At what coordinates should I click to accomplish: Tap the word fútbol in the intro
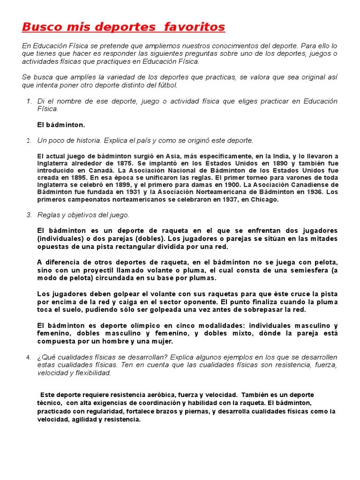pos(166,85)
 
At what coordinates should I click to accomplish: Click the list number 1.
pos(29,101)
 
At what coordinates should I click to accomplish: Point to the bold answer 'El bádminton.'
pos(61,125)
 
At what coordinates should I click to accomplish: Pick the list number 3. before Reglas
pos(29,215)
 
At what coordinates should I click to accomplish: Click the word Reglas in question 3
pos(49,215)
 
